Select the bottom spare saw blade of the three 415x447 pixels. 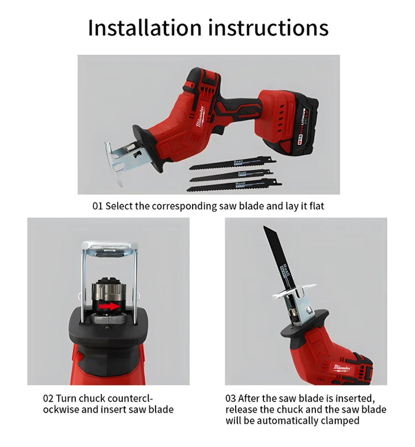tap(233, 184)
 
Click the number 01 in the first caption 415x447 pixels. tap(97, 206)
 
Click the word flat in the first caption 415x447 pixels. tap(315, 206)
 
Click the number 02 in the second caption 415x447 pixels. tap(49, 399)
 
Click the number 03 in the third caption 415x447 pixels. tap(231, 399)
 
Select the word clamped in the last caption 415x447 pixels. tap(339, 420)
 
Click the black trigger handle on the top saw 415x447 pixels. tap(242, 107)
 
